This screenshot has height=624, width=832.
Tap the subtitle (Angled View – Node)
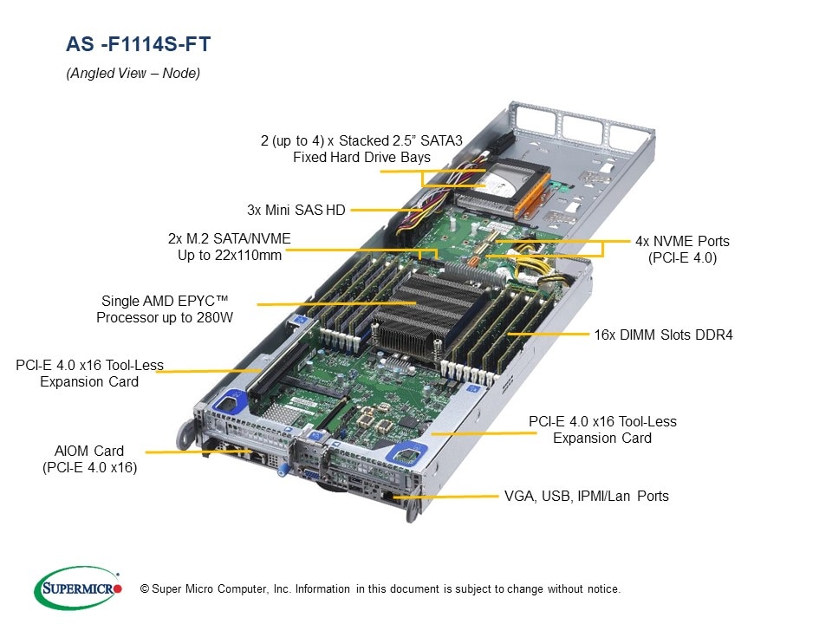pyautogui.click(x=133, y=74)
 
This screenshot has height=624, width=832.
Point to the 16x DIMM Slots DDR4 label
pyautogui.click(x=663, y=334)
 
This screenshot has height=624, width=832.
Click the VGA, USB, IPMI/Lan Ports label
pyautogui.click(x=586, y=497)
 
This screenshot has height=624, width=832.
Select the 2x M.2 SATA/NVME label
pyautogui.click(x=229, y=247)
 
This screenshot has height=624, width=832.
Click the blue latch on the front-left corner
pyautogui.click(x=231, y=400)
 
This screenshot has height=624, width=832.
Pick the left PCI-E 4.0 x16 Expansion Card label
pyautogui.click(x=89, y=374)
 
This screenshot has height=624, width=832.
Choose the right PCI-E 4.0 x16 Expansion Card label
pyautogui.click(x=602, y=430)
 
